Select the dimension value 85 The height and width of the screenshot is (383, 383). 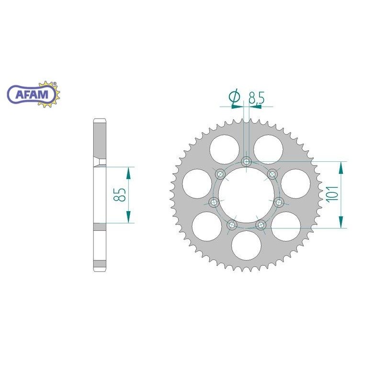point(120,194)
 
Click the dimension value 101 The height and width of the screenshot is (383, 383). point(333,194)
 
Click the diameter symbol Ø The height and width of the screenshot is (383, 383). point(234,98)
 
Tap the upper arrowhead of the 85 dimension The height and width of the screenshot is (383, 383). point(128,171)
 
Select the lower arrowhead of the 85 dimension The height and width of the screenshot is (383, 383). point(128,218)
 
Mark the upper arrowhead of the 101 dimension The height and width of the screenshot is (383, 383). point(341,166)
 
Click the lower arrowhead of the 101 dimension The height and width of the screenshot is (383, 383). point(341,223)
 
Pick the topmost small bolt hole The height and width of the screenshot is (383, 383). point(246,161)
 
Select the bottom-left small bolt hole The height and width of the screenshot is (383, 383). point(232,224)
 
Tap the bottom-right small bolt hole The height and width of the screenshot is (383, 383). point(260,224)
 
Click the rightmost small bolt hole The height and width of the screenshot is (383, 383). point(278,201)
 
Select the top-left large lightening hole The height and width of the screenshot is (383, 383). point(223,149)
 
